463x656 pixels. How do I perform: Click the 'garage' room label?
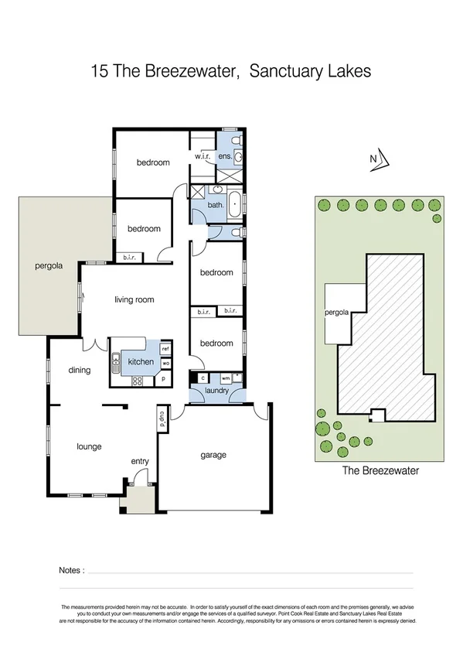pyautogui.click(x=213, y=455)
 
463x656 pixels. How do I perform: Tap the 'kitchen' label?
pyautogui.click(x=141, y=362)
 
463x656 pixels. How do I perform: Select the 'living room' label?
pyautogui.click(x=134, y=300)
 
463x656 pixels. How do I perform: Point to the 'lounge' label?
pyautogui.click(x=89, y=446)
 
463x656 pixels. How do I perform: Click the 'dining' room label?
pyautogui.click(x=79, y=370)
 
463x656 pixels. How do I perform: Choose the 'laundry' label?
pyautogui.click(x=216, y=391)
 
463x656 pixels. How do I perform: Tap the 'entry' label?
pyautogui.click(x=139, y=462)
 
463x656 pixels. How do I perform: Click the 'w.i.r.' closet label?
pyautogui.click(x=203, y=156)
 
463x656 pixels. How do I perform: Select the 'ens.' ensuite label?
pyautogui.click(x=225, y=156)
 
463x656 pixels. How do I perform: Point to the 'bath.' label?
pyautogui.click(x=216, y=205)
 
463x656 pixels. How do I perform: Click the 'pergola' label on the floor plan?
pyautogui.click(x=48, y=267)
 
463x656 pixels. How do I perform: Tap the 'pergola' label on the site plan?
pyautogui.click(x=338, y=313)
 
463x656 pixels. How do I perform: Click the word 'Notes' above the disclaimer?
pyautogui.click(x=70, y=570)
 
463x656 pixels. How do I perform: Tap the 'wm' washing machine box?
pyautogui.click(x=225, y=378)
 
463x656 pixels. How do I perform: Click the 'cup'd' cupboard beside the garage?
pyautogui.click(x=163, y=418)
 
